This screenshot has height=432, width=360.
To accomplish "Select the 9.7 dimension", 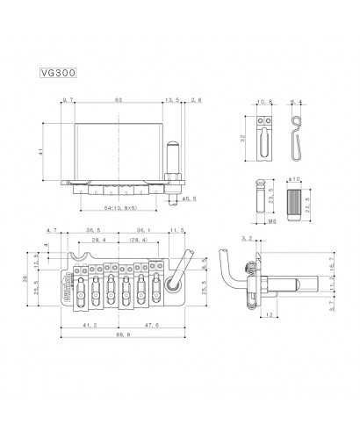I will (69, 102).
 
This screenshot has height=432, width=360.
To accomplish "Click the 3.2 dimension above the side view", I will (247, 238).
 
